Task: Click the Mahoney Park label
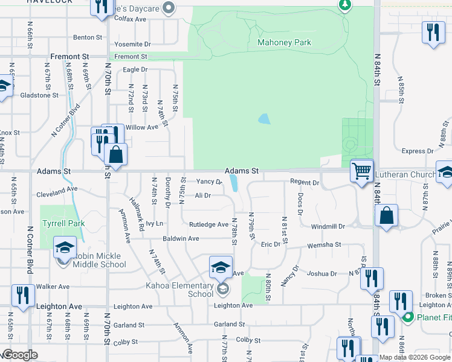tap(284, 43)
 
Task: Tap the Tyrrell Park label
tap(63, 223)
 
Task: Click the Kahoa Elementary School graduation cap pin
tap(221, 266)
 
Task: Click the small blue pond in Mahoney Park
tap(264, 119)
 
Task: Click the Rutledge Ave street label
tap(208, 224)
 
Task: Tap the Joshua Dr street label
tap(321, 273)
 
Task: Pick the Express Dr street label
tap(414, 151)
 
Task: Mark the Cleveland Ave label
tap(57, 188)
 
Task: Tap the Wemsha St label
tap(326, 245)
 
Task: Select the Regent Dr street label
tap(304, 182)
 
